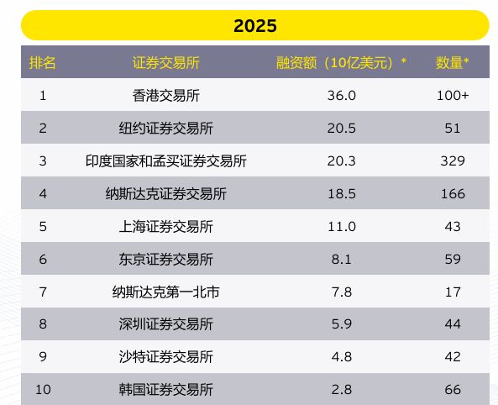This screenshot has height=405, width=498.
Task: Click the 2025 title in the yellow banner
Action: tap(255, 26)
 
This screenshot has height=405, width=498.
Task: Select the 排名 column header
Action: tap(43, 62)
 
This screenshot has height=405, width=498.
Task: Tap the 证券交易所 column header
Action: tap(166, 62)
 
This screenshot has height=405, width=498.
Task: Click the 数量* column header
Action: tap(453, 62)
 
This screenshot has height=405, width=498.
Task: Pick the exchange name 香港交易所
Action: tap(166, 95)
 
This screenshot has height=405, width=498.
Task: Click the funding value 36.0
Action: tap(341, 95)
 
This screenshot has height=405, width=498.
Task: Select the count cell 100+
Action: tap(453, 95)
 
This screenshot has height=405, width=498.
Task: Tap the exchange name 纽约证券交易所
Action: tap(166, 128)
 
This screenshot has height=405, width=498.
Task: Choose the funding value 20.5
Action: tap(341, 128)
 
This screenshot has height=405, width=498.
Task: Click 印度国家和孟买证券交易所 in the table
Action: tap(166, 160)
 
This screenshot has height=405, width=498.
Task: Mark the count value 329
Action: tap(453, 160)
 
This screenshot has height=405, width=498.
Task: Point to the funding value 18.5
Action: tap(341, 193)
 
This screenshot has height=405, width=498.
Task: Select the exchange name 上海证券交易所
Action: tap(166, 226)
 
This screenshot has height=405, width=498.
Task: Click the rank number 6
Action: tap(43, 259)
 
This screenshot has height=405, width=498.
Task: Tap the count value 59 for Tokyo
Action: tap(453, 259)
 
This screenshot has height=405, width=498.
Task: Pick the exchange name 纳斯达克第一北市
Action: tap(166, 292)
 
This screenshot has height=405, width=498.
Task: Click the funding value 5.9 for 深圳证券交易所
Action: tap(341, 324)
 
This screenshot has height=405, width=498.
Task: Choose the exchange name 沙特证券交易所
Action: tap(166, 357)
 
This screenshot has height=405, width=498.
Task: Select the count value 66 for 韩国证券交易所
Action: tap(453, 390)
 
